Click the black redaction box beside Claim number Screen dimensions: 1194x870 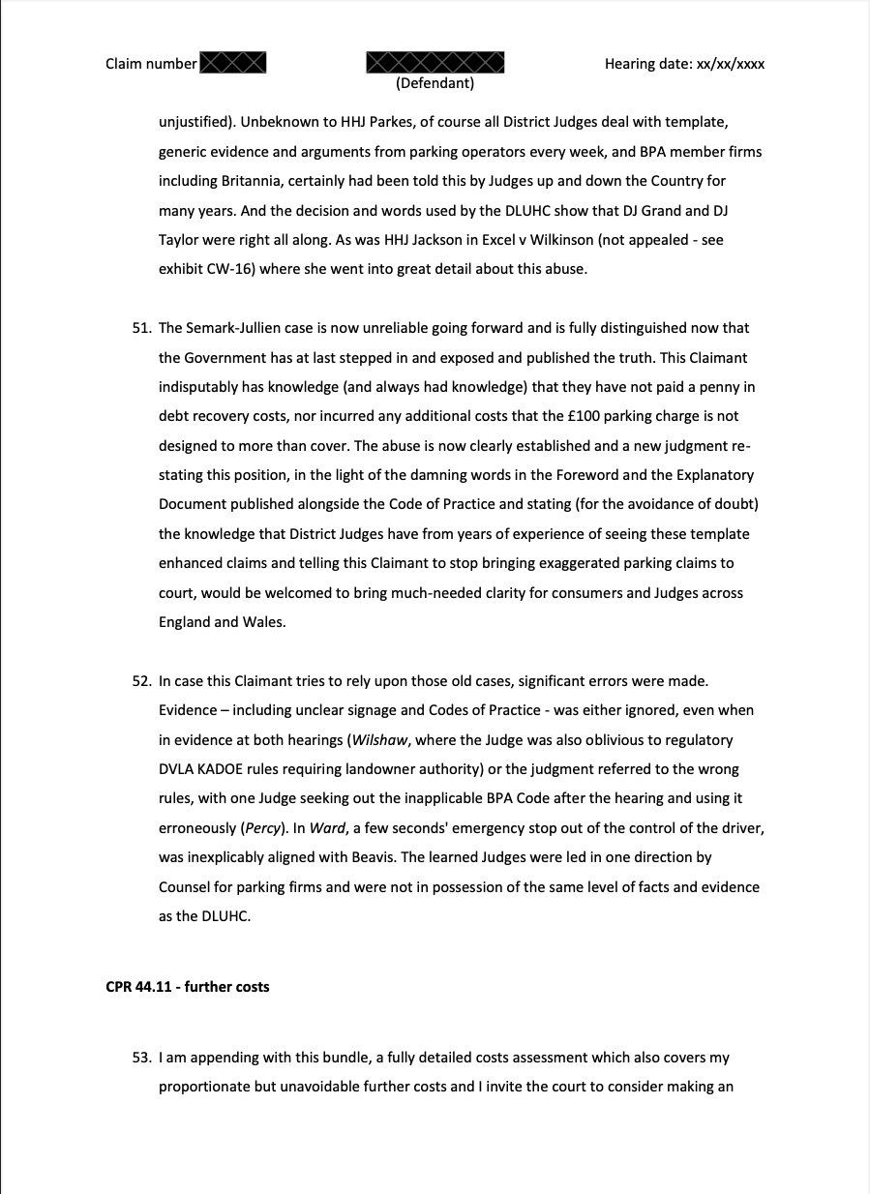(x=232, y=64)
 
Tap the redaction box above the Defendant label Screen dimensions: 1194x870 (x=435, y=63)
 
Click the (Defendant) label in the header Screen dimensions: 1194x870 (x=435, y=83)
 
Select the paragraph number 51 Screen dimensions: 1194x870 (x=141, y=328)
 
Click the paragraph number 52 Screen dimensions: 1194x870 (x=141, y=680)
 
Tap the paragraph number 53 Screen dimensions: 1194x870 (x=141, y=1058)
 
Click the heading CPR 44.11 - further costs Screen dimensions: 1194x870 (x=188, y=987)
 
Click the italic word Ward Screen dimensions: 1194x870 (x=327, y=828)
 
